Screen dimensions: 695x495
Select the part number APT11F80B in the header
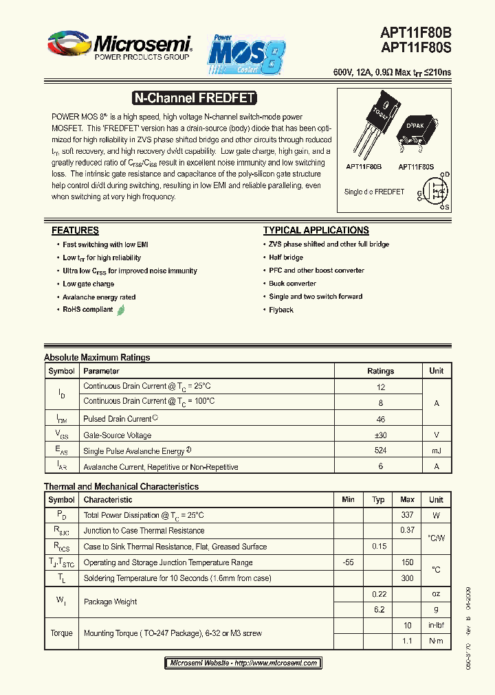[416, 32]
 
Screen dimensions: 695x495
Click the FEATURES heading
[75, 231]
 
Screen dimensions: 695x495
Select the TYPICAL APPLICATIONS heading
[316, 231]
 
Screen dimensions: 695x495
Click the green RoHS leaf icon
[121, 310]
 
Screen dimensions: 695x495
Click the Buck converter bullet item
[292, 284]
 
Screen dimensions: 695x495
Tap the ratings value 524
[380, 451]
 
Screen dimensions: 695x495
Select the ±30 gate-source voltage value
[380, 435]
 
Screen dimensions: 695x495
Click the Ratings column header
[380, 371]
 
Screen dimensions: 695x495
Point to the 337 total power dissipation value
[407, 515]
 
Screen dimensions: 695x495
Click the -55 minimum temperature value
[348, 562]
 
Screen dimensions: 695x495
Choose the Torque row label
[61, 633]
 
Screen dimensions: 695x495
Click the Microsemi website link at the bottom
[243, 663]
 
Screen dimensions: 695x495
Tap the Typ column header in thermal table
[378, 500]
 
